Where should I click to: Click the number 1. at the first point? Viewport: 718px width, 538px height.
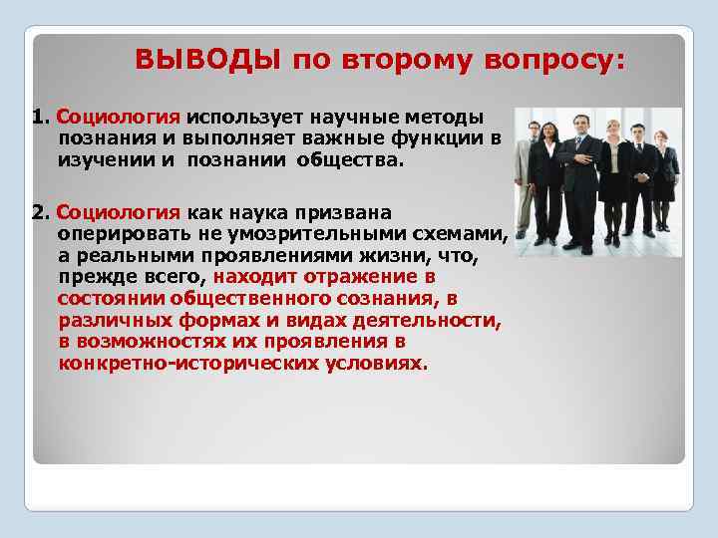(x=42, y=119)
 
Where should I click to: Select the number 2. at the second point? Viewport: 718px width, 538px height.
(x=42, y=212)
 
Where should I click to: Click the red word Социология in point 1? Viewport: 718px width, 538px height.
(x=119, y=119)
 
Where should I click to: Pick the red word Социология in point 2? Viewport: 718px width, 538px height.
(x=119, y=212)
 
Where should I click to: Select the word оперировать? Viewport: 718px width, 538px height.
(x=114, y=234)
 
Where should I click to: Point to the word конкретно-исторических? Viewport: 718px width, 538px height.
(x=187, y=364)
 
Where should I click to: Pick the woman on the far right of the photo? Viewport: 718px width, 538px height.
(x=667, y=179)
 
